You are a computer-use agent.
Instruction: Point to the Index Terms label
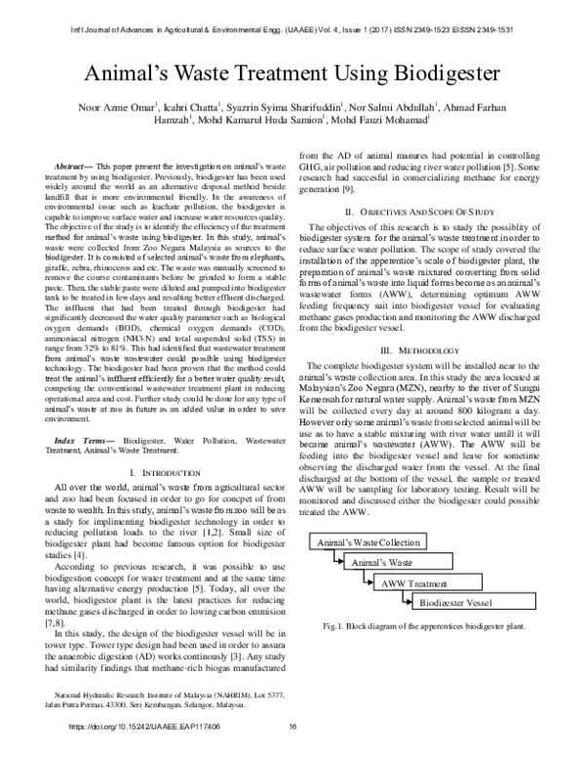(x=85, y=443)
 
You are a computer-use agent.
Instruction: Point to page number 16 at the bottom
(x=292, y=727)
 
